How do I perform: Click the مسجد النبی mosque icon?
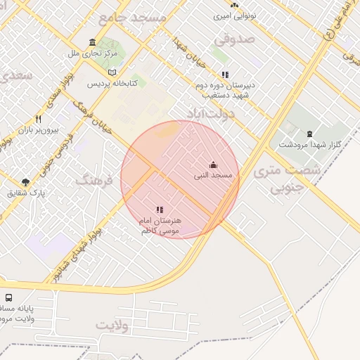213,165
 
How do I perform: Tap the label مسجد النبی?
213,174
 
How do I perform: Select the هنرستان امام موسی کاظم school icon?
160,210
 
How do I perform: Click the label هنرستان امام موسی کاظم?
160,225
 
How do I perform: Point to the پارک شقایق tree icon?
26,183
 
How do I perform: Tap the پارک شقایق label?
26,193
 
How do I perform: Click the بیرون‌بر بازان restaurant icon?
38,120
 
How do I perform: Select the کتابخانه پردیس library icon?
112,72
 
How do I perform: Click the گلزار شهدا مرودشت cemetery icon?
309,134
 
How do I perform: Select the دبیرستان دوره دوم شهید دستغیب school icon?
225,75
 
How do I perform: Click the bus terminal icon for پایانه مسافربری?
8,297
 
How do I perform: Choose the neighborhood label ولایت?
113,325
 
